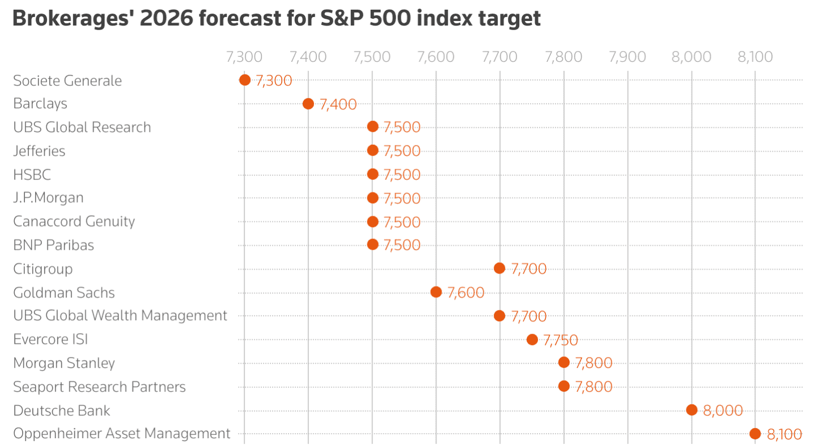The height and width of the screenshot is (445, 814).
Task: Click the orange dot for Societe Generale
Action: pos(245,80)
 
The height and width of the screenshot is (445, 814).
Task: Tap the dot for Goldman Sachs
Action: pos(436,292)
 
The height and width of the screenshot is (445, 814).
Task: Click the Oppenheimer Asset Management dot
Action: pos(755,434)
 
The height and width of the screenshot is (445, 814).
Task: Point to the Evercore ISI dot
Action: pos(532,339)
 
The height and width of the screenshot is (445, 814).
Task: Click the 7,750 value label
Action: pos(560,340)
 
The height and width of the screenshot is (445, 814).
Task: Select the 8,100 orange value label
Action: pos(784,435)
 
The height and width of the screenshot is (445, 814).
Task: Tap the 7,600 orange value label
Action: pos(465,293)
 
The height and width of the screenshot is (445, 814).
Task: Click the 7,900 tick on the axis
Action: pos(627,57)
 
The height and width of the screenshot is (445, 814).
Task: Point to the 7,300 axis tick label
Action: pos(244,57)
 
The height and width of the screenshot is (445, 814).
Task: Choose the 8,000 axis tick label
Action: pos(691,57)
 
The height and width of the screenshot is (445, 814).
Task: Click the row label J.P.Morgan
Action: pos(48,198)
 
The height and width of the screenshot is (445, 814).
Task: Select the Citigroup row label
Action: pos(43,268)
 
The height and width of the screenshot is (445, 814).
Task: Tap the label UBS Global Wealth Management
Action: pos(120,316)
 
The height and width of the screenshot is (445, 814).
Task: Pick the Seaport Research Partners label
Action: pos(99,387)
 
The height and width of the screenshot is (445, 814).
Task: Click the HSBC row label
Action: pos(32,174)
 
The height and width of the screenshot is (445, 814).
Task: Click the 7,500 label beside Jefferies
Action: pos(402,151)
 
